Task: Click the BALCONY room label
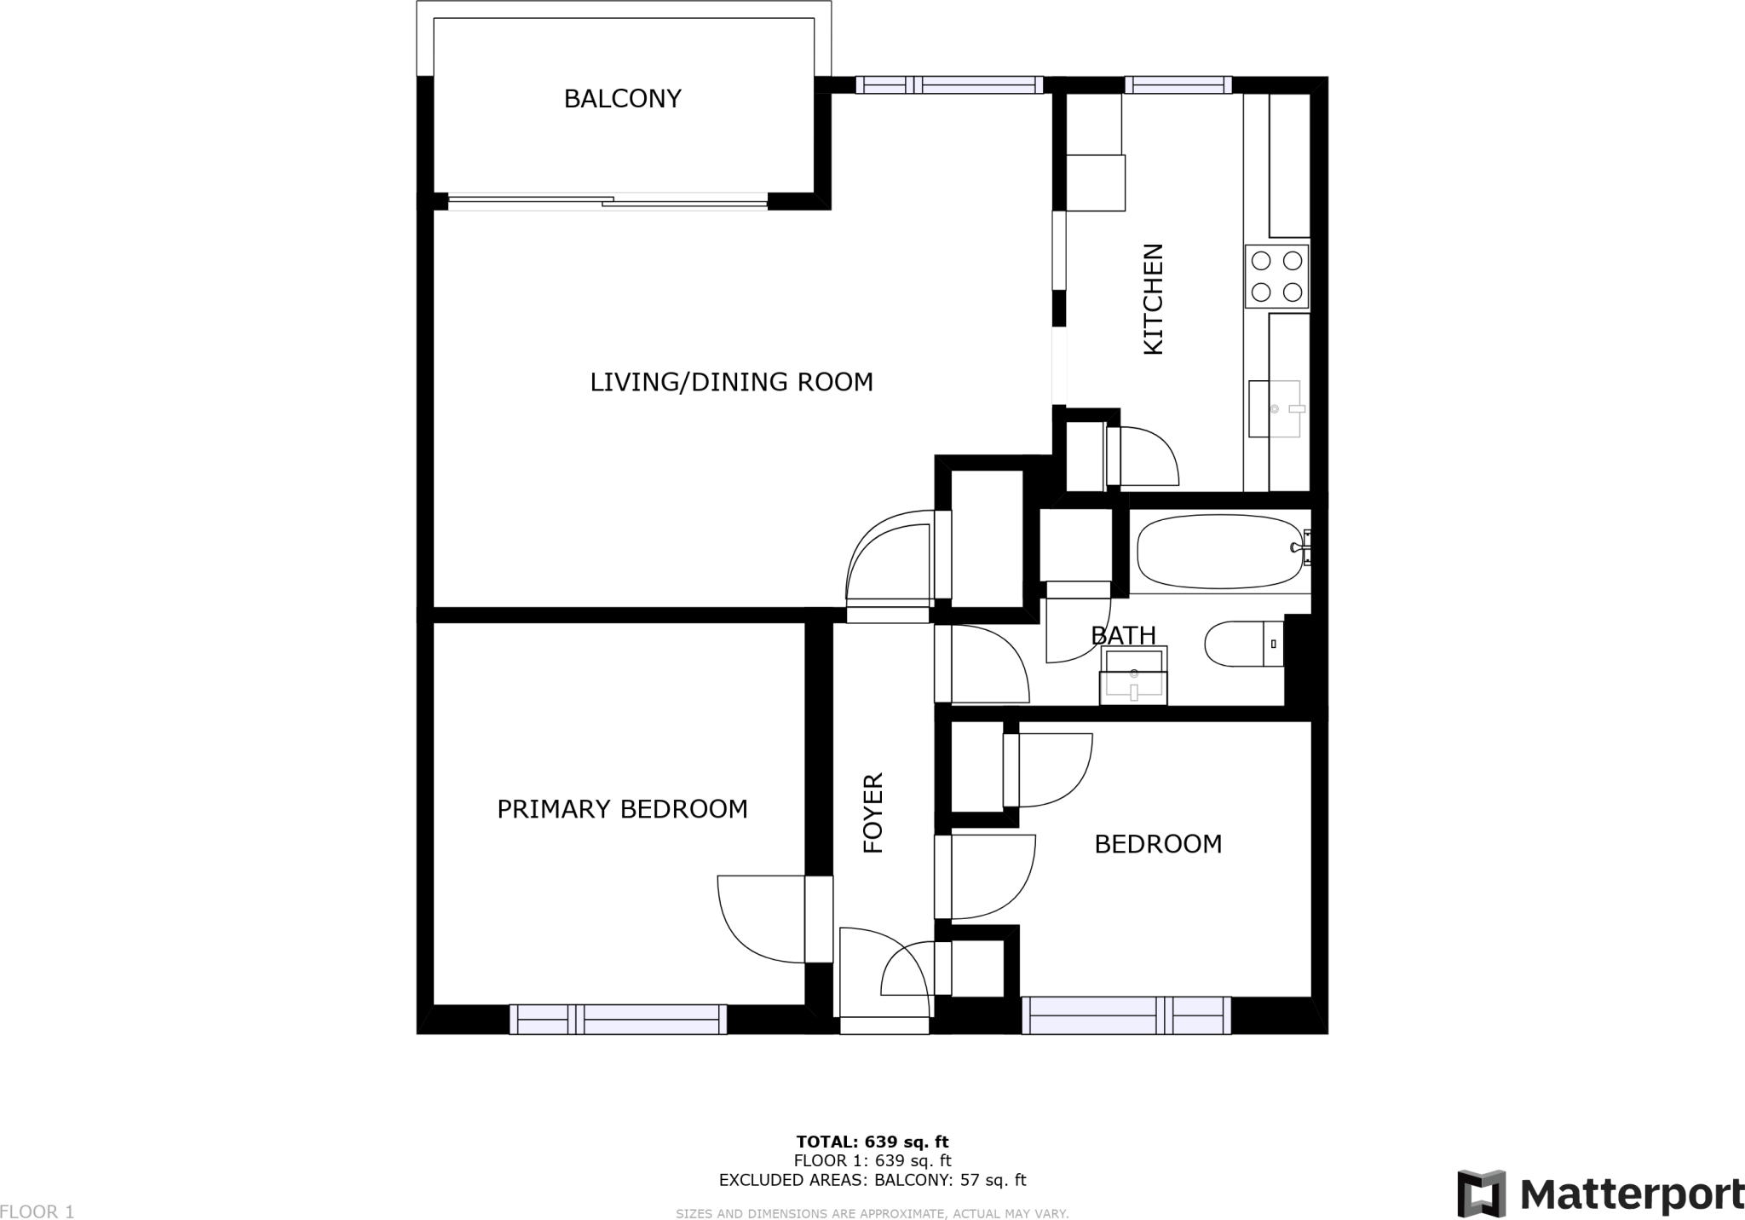[x=622, y=99]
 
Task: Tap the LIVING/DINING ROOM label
[x=732, y=382]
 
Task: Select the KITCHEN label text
[x=1153, y=299]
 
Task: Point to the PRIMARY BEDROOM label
[x=622, y=809]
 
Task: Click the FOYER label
[x=873, y=813]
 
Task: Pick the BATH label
[x=1123, y=635]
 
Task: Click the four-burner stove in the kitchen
[x=1276, y=276]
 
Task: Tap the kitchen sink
[x=1276, y=409]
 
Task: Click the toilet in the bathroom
[x=1244, y=643]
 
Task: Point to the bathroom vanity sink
[x=1133, y=675]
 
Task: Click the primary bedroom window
[x=619, y=1019]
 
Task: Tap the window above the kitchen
[x=1178, y=84]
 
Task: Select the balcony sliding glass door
[x=608, y=202]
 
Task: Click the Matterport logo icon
[x=1481, y=1194]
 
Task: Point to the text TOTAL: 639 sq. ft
[x=872, y=1142]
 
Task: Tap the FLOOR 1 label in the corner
[x=37, y=1211]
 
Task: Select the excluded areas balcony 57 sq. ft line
[x=872, y=1180]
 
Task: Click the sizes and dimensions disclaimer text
[x=872, y=1213]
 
